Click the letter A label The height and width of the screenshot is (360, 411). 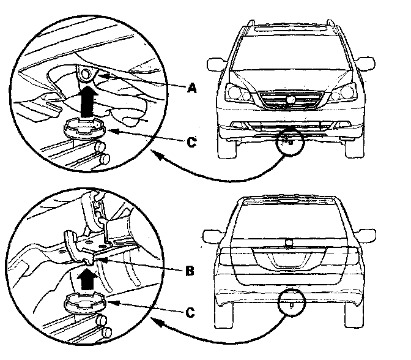(191, 89)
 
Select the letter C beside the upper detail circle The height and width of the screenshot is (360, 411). (191, 143)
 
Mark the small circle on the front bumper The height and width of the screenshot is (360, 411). (287, 141)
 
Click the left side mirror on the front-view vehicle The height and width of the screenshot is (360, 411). (215, 64)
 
